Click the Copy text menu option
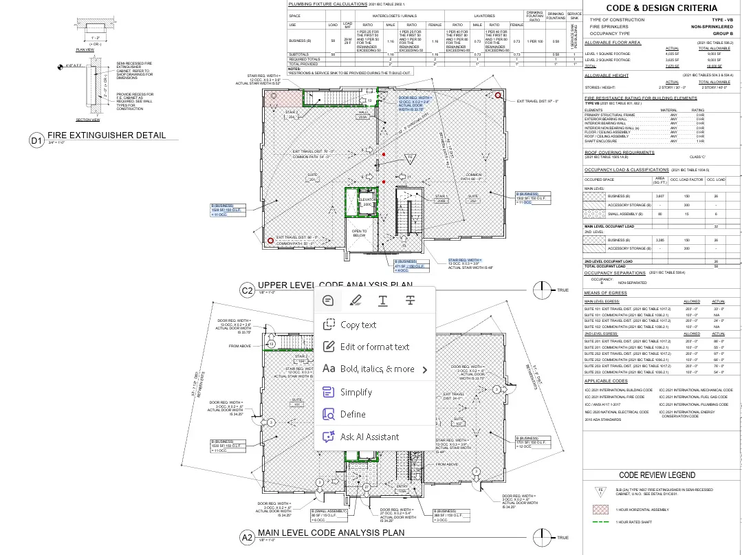click(x=358, y=325)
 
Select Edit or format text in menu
click(x=374, y=347)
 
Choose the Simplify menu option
click(x=356, y=392)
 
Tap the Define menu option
click(x=352, y=414)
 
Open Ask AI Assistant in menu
click(x=369, y=437)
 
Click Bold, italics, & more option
click(x=377, y=369)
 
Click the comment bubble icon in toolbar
click(x=328, y=300)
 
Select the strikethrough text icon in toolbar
click(x=410, y=300)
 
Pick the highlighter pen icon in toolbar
click(x=355, y=300)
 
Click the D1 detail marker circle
click(x=36, y=140)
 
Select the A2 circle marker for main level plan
click(x=247, y=537)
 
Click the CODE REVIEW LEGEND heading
click(x=657, y=475)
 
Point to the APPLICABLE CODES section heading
click(x=606, y=380)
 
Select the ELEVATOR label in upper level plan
click(x=367, y=199)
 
